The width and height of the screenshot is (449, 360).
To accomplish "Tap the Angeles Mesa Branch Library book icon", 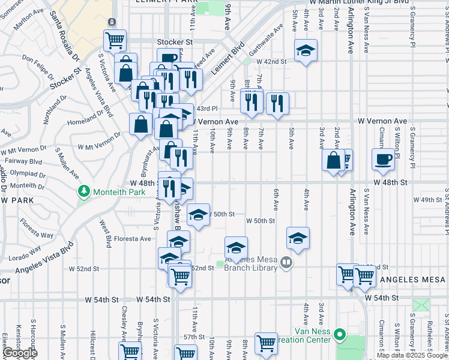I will [x=286, y=262].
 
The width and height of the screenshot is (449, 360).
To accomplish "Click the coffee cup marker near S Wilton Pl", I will [x=384, y=159].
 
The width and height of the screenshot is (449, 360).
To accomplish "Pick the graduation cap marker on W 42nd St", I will [x=306, y=51].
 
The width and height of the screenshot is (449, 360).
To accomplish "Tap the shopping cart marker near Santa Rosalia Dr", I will [x=114, y=41].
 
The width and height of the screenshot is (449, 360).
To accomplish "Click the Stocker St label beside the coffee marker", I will [x=174, y=43].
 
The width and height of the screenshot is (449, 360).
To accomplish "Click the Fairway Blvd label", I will [x=23, y=161].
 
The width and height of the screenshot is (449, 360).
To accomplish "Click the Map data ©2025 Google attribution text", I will [x=412, y=355].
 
